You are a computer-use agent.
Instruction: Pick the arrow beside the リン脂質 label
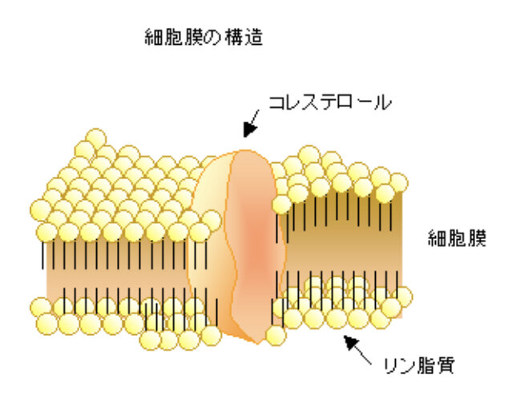click(358, 349)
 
